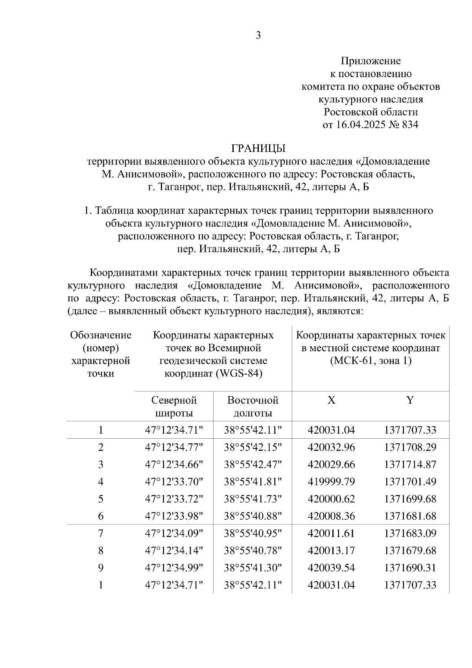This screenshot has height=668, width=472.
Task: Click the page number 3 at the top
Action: click(x=258, y=35)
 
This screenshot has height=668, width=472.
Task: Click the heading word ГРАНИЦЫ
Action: click(x=258, y=148)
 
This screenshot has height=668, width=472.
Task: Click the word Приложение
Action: click(x=370, y=61)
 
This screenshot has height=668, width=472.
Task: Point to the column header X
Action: click(x=331, y=400)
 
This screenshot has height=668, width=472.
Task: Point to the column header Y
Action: click(x=410, y=400)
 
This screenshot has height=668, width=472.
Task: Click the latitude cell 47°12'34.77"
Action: click(x=174, y=447)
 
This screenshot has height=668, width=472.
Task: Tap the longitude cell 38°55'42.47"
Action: click(x=253, y=465)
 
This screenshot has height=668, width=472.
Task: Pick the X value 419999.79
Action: click(x=331, y=482)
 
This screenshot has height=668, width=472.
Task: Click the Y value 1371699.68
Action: click(x=410, y=499)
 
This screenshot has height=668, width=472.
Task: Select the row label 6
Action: click(x=101, y=516)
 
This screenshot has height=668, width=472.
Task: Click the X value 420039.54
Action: click(x=331, y=568)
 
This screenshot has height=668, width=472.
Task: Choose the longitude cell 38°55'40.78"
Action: click(x=253, y=550)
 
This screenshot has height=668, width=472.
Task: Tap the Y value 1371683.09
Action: click(x=410, y=533)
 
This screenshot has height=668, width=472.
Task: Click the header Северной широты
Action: click(x=174, y=407)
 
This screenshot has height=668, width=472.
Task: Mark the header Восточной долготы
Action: click(x=253, y=407)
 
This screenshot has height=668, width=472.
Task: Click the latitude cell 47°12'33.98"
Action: click(x=174, y=516)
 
